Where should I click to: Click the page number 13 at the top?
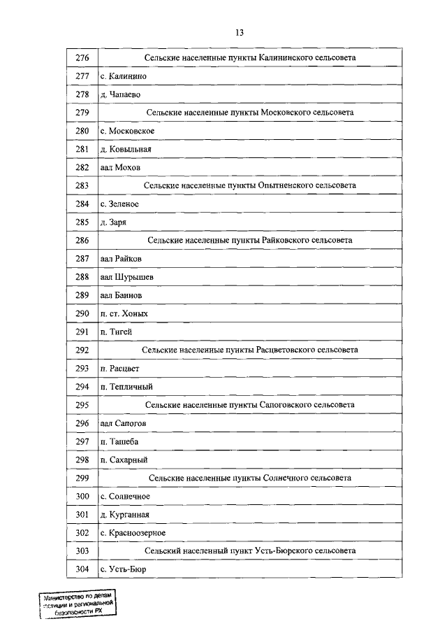point(239,32)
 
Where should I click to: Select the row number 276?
point(82,57)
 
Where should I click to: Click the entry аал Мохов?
point(120,167)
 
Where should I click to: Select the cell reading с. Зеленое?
point(119,204)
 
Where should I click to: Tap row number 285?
point(82,222)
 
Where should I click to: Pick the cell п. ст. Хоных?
point(124,313)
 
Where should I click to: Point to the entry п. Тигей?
point(116,332)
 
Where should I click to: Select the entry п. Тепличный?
point(126,386)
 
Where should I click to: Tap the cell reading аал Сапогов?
point(123,423)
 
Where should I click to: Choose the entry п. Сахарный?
point(124,460)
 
